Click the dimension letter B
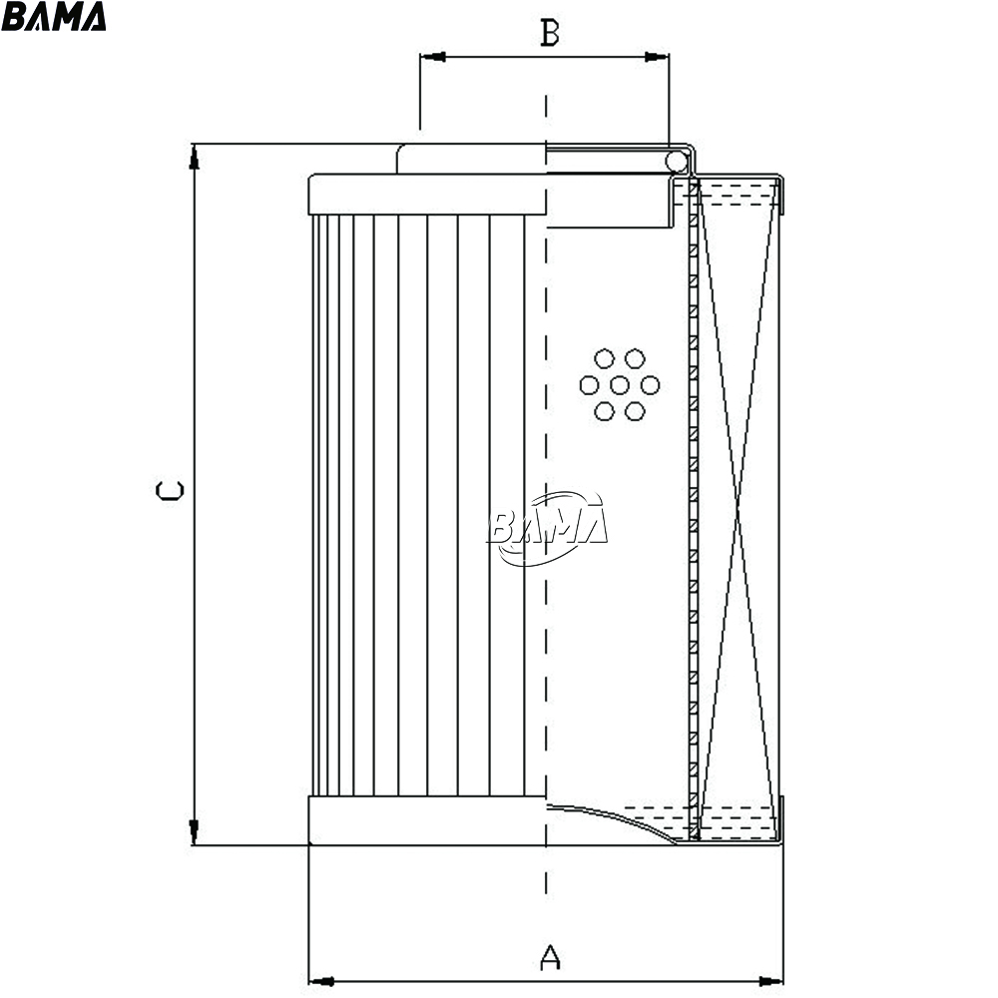pos(549,33)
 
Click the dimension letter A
pos(550,957)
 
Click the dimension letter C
pos(170,490)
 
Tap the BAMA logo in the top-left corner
pos(54,16)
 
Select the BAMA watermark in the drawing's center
pos(547,528)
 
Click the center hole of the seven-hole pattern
pos(620,385)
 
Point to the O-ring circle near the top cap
pos(677,162)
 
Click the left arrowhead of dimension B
pos(433,57)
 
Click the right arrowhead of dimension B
pos(657,57)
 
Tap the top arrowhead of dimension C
pos(195,157)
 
